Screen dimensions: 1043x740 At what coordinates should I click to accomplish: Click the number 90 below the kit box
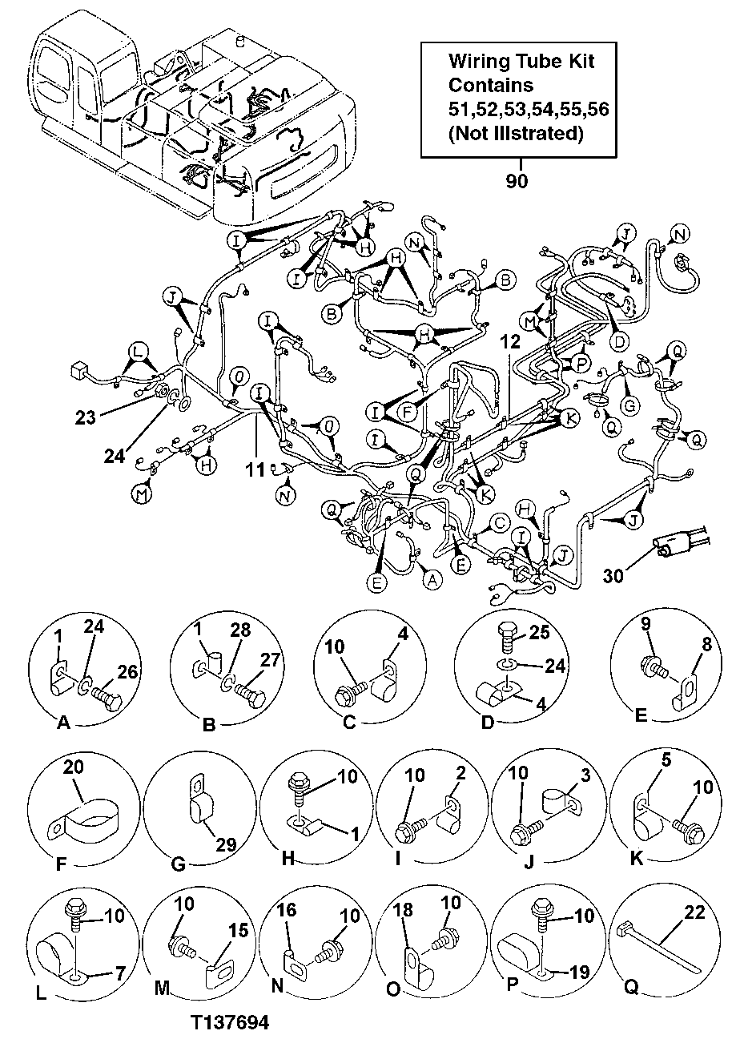(x=517, y=182)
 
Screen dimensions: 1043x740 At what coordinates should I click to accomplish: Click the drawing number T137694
(x=230, y=1023)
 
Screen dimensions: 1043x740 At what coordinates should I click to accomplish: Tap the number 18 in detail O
(x=404, y=912)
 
